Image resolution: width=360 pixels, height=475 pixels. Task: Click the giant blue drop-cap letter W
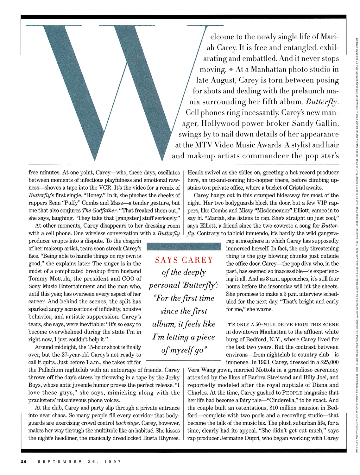(104, 85)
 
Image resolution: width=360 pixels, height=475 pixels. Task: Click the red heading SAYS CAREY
(184, 260)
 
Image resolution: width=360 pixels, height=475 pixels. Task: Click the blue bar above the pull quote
(184, 246)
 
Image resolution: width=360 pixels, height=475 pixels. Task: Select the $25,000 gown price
(326, 362)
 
